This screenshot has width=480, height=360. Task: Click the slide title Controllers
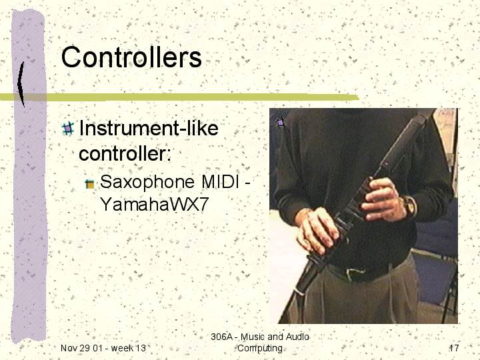[x=131, y=57]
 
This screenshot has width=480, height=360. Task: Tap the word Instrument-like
[x=149, y=128]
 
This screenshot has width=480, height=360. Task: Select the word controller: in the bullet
[x=125, y=153]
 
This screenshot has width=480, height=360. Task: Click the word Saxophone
[x=147, y=182]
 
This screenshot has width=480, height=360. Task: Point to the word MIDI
[x=220, y=181]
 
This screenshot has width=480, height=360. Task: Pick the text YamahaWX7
[x=155, y=204]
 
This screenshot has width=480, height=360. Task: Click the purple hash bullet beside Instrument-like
[x=68, y=129]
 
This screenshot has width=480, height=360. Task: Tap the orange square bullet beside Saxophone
[x=90, y=184]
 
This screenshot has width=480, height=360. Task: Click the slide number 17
[x=454, y=348]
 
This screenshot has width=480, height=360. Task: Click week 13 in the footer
[x=129, y=348]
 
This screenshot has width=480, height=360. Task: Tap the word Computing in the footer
[x=260, y=349]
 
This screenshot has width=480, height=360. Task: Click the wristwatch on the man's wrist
[x=409, y=206]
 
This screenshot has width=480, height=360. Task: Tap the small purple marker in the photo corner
[x=280, y=123]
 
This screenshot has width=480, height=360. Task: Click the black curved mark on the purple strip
[x=21, y=84]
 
